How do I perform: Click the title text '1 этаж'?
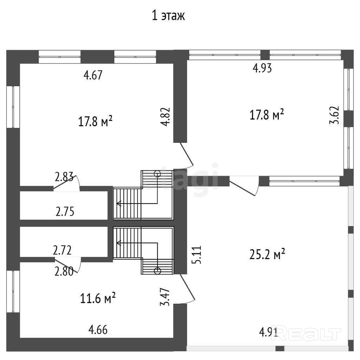click(x=168, y=16)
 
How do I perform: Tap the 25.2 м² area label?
click(x=267, y=254)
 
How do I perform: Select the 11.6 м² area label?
click(x=98, y=298)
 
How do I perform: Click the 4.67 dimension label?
click(x=93, y=75)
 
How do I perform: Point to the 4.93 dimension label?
click(x=262, y=68)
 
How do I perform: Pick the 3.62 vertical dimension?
click(x=334, y=115)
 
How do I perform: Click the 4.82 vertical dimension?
click(x=165, y=117)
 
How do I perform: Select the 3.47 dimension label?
click(x=165, y=297)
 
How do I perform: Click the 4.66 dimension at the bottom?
click(x=98, y=330)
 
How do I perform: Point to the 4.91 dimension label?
click(x=269, y=332)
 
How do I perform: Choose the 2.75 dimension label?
click(x=65, y=212)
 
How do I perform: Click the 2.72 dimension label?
click(x=62, y=250)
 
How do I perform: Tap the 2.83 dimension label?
click(x=64, y=177)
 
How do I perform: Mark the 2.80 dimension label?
click(x=64, y=271)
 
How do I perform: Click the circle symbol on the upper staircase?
click(x=157, y=174)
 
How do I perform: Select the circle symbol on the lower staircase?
click(x=157, y=271)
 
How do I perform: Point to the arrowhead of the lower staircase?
click(x=119, y=243)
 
